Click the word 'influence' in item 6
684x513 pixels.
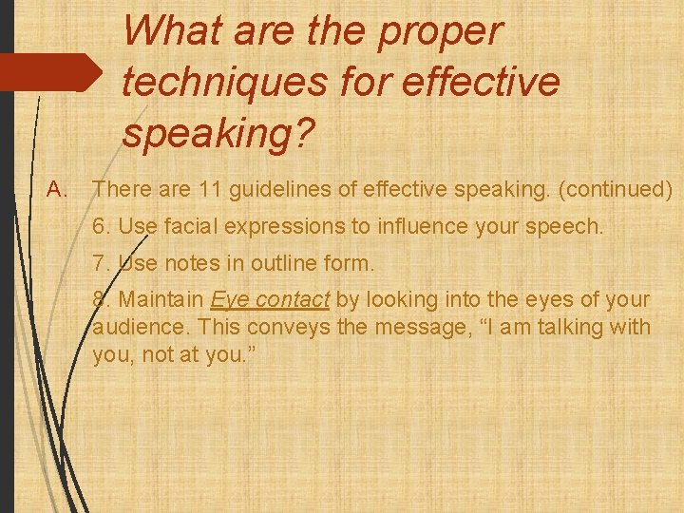point(386,228)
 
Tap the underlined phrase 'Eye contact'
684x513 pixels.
point(270,300)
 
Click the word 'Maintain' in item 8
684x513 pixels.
point(161,300)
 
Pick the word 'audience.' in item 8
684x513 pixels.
point(132,328)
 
